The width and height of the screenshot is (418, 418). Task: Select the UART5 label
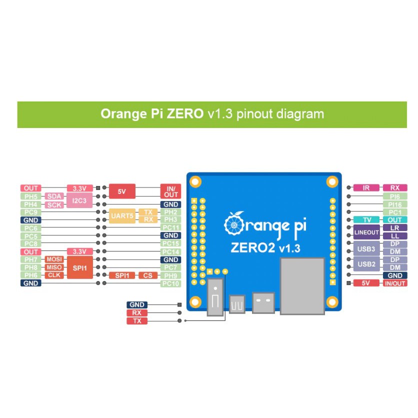coord(122,216)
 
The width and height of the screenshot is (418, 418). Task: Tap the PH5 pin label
coord(31,196)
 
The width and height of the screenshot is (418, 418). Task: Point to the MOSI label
coord(54,259)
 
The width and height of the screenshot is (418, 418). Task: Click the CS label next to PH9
coord(147,275)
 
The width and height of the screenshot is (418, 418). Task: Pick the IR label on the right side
coord(366,188)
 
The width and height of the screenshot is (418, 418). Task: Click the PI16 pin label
coord(395,204)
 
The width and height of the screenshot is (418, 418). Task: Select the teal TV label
coord(366,220)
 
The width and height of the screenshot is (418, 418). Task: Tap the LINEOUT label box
coord(366,232)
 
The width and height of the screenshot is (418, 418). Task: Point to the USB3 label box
coord(366,248)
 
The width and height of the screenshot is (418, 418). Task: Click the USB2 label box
coord(366,263)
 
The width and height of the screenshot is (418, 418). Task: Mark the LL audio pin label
coord(395,236)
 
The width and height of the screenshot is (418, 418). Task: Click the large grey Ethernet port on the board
coord(302,286)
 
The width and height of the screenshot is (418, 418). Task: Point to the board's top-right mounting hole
coord(331,181)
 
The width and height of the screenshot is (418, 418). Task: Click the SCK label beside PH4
coord(54,204)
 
